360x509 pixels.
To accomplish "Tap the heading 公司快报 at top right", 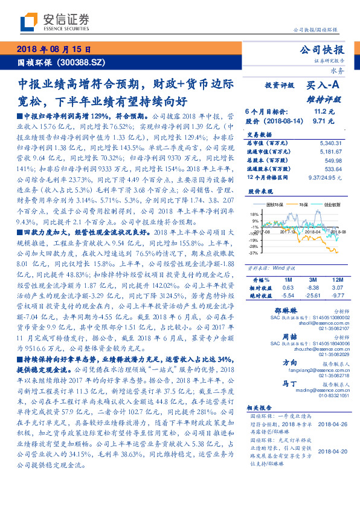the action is [326, 50].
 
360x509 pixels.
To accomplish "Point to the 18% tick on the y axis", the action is [254, 213].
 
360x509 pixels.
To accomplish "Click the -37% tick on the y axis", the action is [254, 253].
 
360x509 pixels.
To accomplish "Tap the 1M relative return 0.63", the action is [288, 288].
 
